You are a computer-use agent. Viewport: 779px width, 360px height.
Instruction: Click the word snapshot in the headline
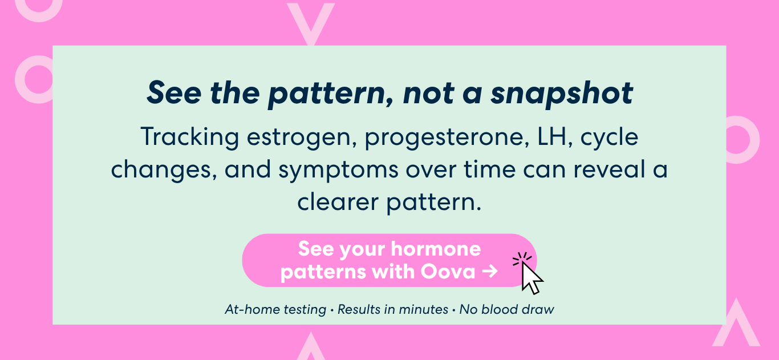tap(561, 93)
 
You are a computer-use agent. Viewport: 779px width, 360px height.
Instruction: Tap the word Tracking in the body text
tap(189, 137)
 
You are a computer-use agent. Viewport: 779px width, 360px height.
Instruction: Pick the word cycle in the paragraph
tap(609, 137)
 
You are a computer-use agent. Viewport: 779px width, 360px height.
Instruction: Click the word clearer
tap(338, 202)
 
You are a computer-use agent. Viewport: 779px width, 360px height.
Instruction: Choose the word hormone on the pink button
tap(436, 249)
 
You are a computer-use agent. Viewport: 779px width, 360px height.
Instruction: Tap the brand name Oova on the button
tap(448, 272)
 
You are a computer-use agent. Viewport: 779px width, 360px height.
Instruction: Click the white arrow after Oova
tap(490, 271)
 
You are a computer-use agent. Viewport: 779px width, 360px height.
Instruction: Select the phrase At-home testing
tap(275, 309)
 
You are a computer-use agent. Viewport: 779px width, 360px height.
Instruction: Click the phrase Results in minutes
tap(393, 309)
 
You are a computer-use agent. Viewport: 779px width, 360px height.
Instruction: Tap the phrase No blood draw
tap(507, 309)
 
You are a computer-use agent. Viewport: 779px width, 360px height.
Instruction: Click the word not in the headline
tap(428, 93)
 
